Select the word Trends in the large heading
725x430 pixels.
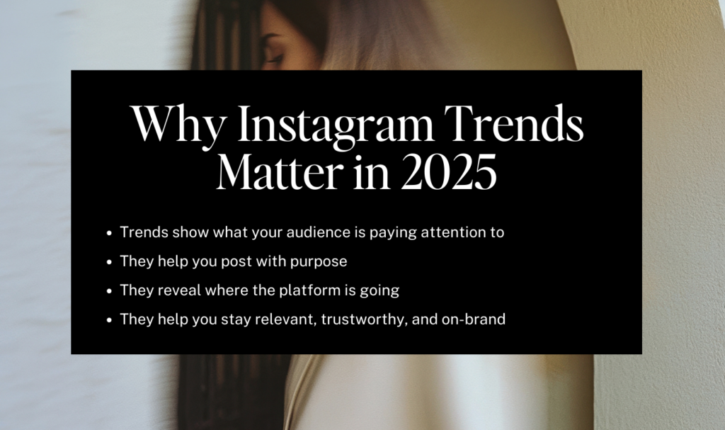click(x=514, y=123)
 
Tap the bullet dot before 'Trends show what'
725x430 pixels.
click(x=109, y=233)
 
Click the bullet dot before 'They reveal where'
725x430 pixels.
click(x=109, y=291)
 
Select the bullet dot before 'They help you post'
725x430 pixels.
click(x=109, y=262)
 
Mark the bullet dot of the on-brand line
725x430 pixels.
click(x=109, y=319)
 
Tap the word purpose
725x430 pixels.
click(x=319, y=262)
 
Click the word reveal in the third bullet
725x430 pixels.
click(x=179, y=290)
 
